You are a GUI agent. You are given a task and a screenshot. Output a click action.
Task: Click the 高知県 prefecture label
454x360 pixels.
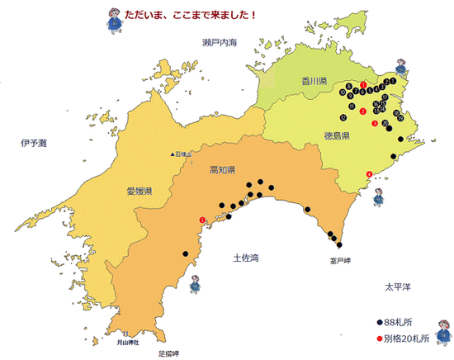[x=223, y=170]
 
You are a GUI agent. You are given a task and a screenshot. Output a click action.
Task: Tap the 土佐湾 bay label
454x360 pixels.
[x=246, y=258]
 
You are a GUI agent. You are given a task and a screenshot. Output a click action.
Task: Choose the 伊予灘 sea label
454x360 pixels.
[x=35, y=144]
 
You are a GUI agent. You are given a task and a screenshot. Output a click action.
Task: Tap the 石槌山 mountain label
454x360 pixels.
[x=182, y=154]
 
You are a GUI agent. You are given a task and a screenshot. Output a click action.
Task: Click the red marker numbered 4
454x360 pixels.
[x=368, y=173]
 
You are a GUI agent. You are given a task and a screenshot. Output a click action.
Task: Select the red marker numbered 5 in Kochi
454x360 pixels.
[x=202, y=219]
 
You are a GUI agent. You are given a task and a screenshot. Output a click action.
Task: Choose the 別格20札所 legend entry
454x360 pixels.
[x=406, y=339]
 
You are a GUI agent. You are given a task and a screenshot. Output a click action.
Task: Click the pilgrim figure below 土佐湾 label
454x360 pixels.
[x=196, y=284]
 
